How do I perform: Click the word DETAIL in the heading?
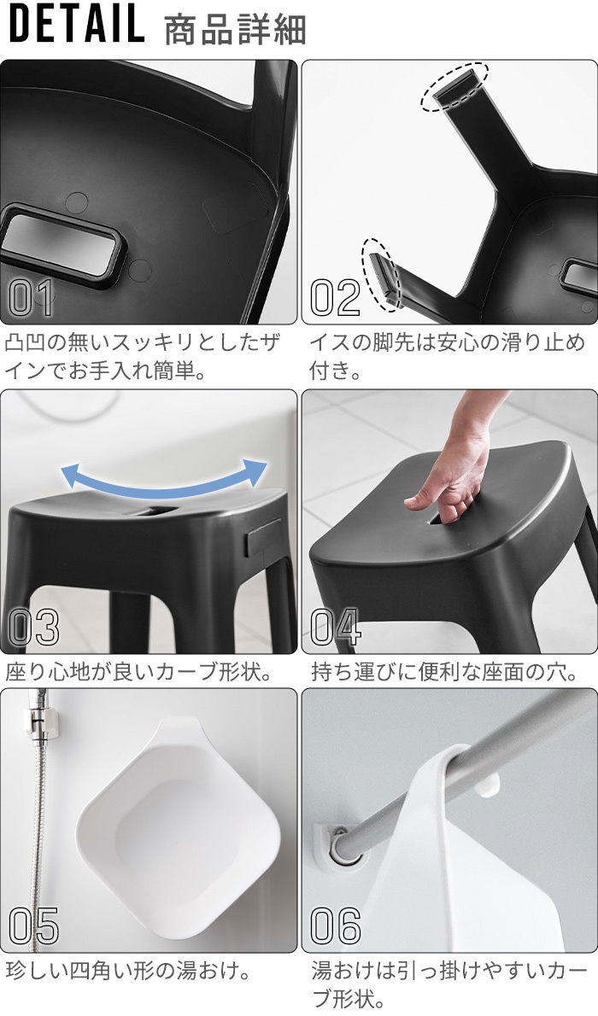(x=77, y=26)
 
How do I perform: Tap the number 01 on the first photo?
(x=31, y=297)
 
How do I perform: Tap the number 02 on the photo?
(x=335, y=297)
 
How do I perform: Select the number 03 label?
(x=33, y=628)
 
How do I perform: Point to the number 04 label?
(x=335, y=628)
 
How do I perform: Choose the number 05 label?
(x=33, y=926)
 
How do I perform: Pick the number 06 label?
(x=336, y=926)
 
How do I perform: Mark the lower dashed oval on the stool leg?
(x=382, y=273)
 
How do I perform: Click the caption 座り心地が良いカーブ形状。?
(x=139, y=672)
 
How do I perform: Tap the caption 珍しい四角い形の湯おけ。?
(x=128, y=971)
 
